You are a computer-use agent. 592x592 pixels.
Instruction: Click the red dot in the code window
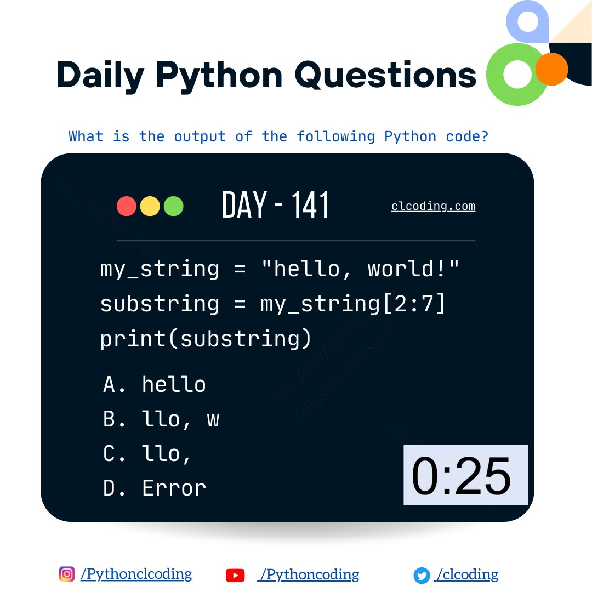(127, 206)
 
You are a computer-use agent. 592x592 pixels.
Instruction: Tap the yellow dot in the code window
(150, 206)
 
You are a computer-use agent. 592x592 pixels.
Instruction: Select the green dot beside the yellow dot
(174, 206)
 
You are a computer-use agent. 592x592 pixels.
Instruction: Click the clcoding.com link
(433, 207)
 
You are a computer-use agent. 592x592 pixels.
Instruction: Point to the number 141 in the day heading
(310, 206)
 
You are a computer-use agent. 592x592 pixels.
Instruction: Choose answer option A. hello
(155, 385)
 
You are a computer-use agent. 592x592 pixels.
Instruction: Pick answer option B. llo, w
(161, 419)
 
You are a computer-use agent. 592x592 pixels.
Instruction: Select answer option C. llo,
(147, 454)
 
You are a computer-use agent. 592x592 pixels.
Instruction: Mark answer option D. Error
(155, 488)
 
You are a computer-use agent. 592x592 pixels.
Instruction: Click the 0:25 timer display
(465, 475)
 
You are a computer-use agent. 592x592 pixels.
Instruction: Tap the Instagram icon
(66, 574)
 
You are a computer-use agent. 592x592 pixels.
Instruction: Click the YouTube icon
(235, 575)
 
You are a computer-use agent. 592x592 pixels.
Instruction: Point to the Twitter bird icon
(422, 575)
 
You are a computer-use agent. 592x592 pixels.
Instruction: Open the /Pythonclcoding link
(136, 574)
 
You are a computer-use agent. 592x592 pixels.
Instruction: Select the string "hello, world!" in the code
(361, 269)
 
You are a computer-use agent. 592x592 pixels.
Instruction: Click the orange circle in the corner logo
(551, 69)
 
